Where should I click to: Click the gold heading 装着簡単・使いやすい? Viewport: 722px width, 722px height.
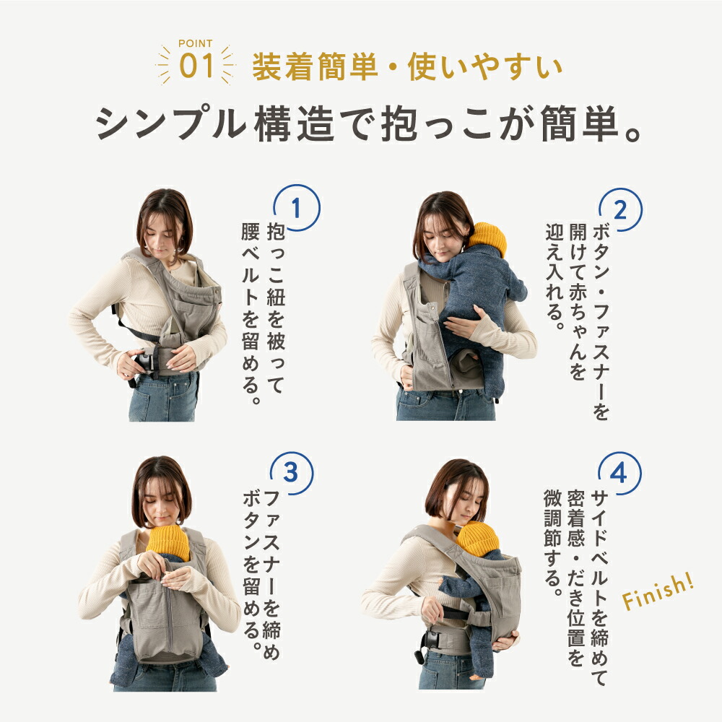(406, 68)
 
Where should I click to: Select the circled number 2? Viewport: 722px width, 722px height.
(619, 209)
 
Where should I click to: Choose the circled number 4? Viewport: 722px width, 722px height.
(618, 472)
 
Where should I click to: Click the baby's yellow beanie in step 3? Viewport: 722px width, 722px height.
(168, 541)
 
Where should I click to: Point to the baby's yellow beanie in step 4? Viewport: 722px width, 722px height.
(477, 538)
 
